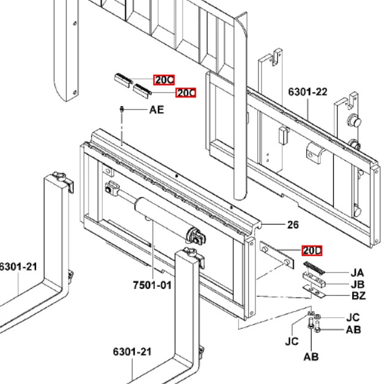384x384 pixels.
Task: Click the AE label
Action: tap(157, 110)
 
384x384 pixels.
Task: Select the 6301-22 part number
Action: tap(307, 92)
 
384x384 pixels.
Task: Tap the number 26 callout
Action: tap(293, 225)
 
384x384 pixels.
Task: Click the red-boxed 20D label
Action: tap(312, 250)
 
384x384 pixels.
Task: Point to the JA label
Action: tap(357, 273)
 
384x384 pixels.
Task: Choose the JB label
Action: tap(358, 284)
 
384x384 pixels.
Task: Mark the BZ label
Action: tap(358, 296)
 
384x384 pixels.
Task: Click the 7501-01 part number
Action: tap(152, 285)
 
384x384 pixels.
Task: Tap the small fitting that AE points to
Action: tap(121, 109)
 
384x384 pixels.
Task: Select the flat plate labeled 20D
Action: tap(277, 255)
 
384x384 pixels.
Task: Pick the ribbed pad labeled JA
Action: tap(314, 268)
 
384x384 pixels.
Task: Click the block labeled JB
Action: tap(314, 280)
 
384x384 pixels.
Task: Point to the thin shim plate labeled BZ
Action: tap(314, 291)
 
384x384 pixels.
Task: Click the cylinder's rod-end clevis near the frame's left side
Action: tap(111, 189)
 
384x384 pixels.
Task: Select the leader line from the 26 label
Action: tap(273, 224)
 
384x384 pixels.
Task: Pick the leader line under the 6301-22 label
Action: tap(308, 109)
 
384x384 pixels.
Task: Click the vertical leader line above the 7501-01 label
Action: tap(153, 249)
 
